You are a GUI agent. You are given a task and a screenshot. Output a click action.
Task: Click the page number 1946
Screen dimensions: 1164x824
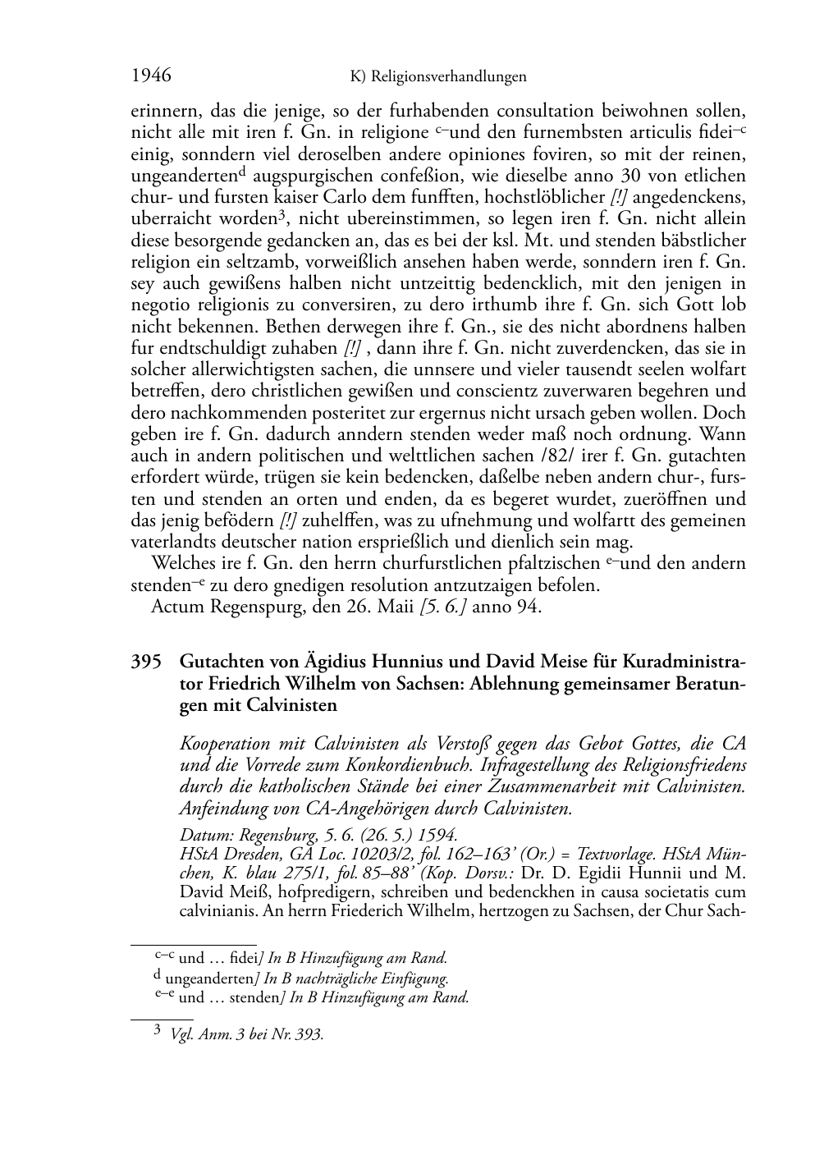pos(151,76)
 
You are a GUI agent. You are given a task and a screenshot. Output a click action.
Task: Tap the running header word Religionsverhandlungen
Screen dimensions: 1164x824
pos(449,77)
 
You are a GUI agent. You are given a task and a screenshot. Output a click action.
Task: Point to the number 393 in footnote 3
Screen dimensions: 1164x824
pos(310,1035)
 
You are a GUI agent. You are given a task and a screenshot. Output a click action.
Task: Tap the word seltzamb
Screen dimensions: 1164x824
pos(268,262)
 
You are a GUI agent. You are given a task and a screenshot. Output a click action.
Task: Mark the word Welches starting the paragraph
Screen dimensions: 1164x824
pos(181,564)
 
